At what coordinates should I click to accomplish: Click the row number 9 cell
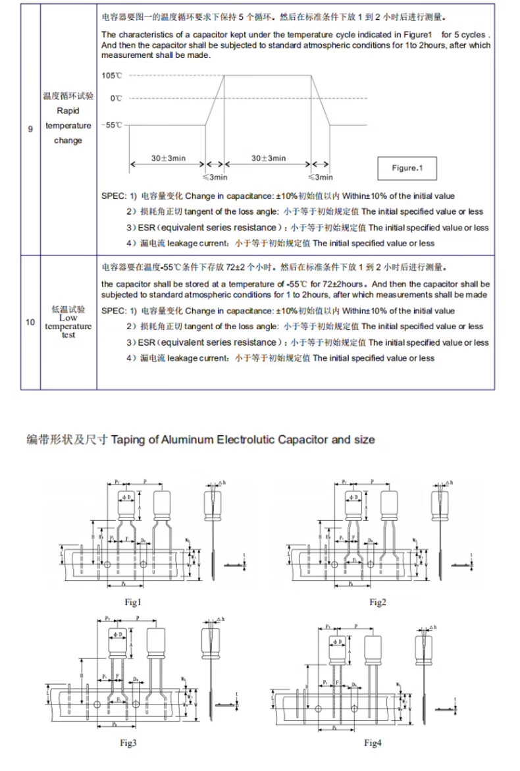click(30, 129)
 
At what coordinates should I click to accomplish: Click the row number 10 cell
click(30, 322)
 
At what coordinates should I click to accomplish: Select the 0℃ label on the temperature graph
click(116, 98)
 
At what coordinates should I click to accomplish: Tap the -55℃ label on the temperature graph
click(112, 124)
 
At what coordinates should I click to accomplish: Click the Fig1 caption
click(133, 602)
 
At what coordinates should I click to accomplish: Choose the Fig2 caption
click(377, 602)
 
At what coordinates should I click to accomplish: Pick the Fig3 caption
click(128, 743)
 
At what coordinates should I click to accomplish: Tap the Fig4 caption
click(373, 743)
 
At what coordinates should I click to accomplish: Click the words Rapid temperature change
click(68, 126)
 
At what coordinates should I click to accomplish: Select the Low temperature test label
click(68, 326)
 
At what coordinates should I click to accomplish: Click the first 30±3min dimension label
click(168, 158)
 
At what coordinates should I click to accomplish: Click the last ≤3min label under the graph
click(321, 178)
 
